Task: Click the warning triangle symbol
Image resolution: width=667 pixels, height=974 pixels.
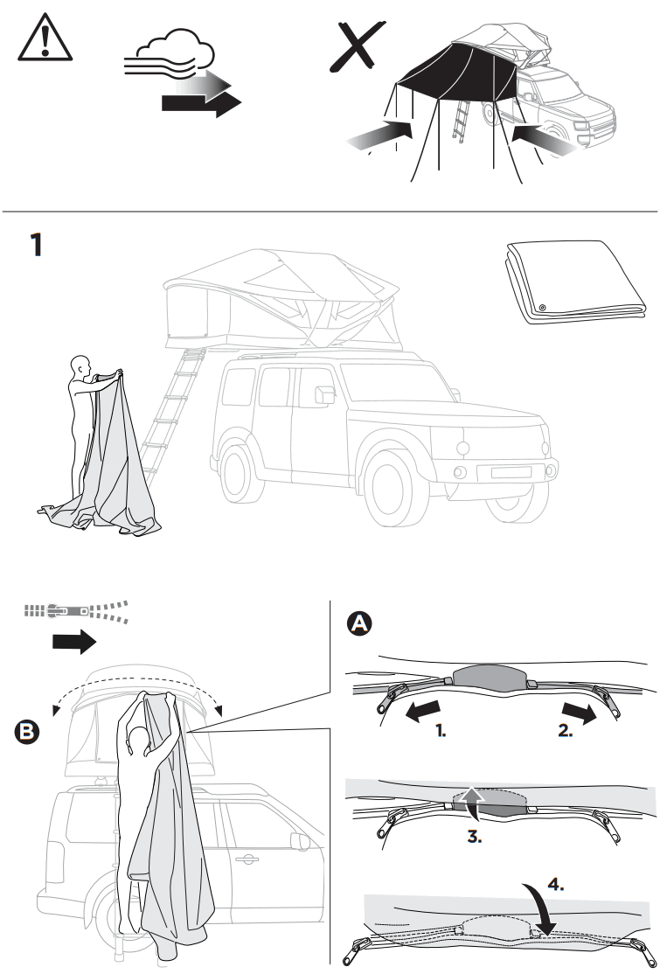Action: tap(40, 40)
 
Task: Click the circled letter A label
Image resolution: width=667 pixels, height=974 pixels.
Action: tap(359, 623)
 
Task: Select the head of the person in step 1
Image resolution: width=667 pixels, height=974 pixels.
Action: tap(81, 365)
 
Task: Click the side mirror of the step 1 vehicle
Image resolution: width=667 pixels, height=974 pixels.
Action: tap(324, 394)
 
